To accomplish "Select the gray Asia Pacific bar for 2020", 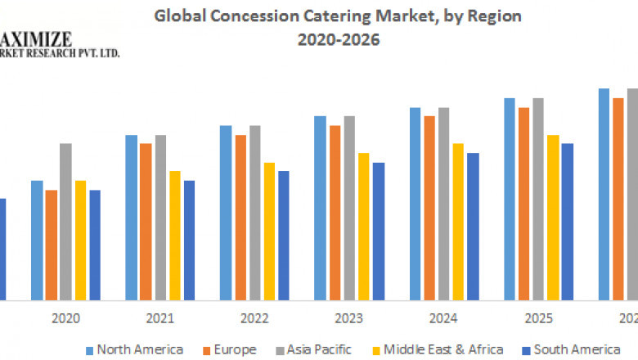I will (x=65, y=221).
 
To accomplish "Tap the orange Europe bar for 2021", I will (x=146, y=221).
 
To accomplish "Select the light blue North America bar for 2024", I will (x=415, y=204).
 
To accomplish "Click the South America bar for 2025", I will (x=567, y=222).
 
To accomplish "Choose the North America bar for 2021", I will (x=131, y=217).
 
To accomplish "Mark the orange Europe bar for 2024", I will (x=429, y=208).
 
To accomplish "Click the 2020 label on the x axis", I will (x=65, y=318).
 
